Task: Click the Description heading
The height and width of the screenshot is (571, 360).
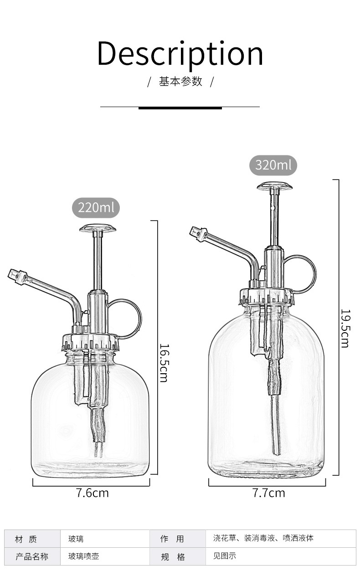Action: (x=180, y=54)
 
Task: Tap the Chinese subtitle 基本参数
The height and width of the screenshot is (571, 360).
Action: (x=180, y=82)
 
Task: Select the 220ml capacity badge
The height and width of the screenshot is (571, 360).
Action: (x=96, y=208)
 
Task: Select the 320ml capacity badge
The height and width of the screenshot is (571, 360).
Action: (x=273, y=165)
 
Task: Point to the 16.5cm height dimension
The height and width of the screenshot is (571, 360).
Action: (x=164, y=363)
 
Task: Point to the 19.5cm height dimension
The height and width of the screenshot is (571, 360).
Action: (x=345, y=329)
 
